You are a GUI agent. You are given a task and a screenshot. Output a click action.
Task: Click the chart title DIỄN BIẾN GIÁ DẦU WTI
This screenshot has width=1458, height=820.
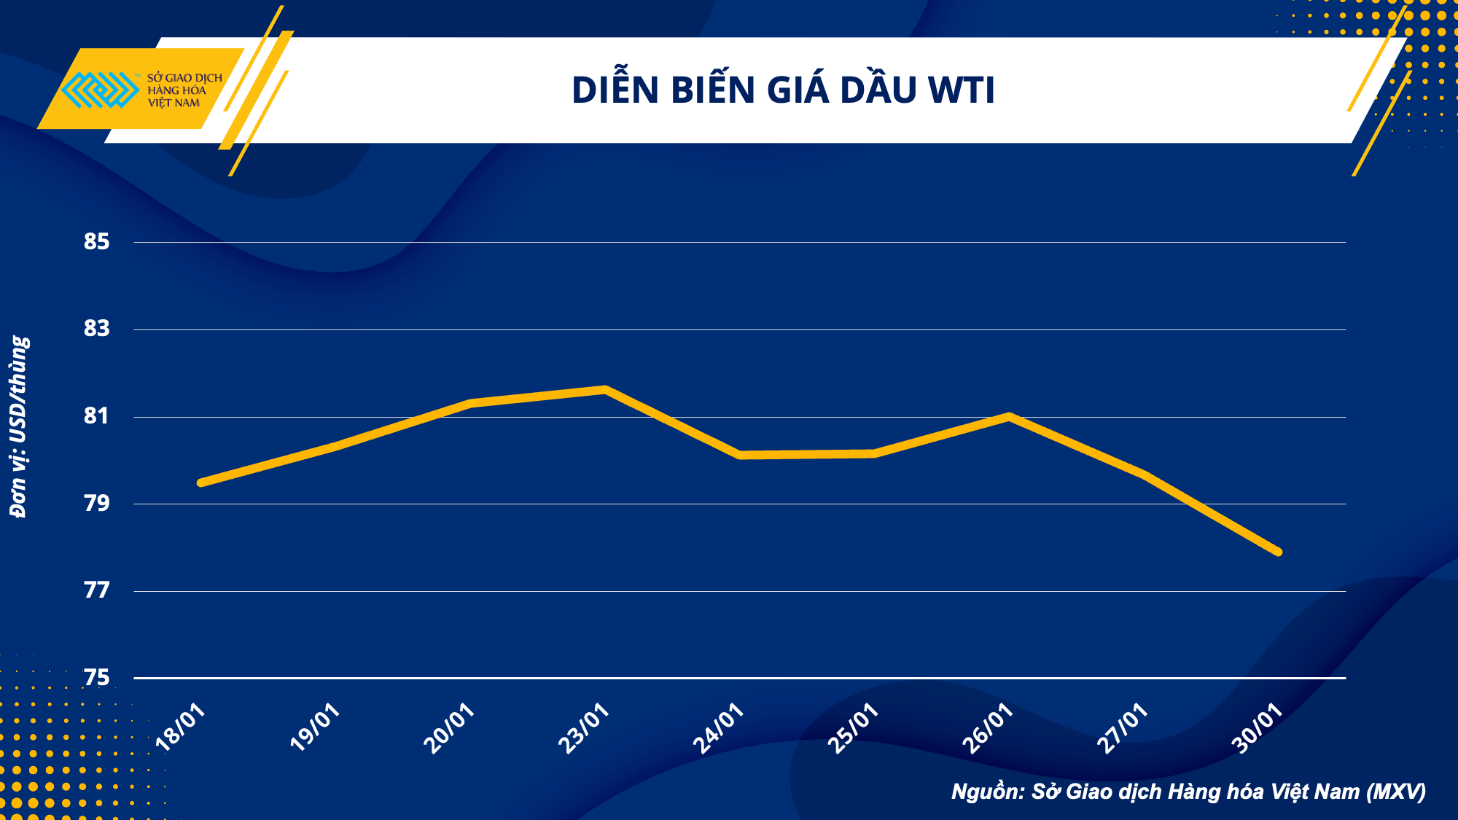(x=783, y=90)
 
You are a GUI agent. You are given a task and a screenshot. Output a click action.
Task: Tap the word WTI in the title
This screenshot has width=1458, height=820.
(x=961, y=90)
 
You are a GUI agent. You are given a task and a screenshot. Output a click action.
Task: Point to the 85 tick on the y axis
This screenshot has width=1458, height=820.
(x=96, y=242)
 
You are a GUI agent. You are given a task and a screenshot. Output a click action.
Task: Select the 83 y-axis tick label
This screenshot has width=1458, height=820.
(x=96, y=329)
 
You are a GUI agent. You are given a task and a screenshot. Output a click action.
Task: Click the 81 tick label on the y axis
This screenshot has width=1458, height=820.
(x=96, y=416)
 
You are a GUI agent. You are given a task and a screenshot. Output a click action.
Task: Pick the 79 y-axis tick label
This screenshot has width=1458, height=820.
(x=96, y=503)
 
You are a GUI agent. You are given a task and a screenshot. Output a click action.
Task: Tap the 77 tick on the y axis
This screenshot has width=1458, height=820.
(x=96, y=590)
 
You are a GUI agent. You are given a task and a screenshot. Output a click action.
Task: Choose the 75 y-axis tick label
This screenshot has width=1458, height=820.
(x=96, y=678)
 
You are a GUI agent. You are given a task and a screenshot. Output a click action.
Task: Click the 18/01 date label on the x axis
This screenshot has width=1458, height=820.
(x=181, y=727)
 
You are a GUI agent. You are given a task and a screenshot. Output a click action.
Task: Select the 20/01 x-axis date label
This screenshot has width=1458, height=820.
(x=449, y=727)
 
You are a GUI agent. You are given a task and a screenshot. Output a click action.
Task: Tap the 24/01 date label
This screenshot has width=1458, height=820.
(x=718, y=727)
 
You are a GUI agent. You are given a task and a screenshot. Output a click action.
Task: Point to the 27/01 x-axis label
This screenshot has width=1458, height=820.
(x=1123, y=727)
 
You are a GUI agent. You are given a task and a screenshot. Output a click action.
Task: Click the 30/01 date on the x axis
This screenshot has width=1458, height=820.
(x=1257, y=727)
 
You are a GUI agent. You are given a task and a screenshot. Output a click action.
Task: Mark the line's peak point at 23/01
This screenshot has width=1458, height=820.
(x=605, y=389)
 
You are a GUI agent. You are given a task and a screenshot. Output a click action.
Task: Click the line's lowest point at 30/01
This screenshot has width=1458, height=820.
(x=1279, y=552)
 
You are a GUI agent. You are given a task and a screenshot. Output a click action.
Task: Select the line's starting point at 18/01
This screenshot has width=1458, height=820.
(x=200, y=483)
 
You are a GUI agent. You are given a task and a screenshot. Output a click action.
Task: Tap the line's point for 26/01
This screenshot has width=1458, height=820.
(x=1008, y=416)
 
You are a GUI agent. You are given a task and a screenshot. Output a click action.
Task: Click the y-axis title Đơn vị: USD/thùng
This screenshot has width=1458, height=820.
(x=20, y=426)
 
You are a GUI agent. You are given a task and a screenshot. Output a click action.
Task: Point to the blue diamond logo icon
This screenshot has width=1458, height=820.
(x=100, y=90)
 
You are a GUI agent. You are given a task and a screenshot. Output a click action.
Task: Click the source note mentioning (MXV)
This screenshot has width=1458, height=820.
(x=1188, y=792)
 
